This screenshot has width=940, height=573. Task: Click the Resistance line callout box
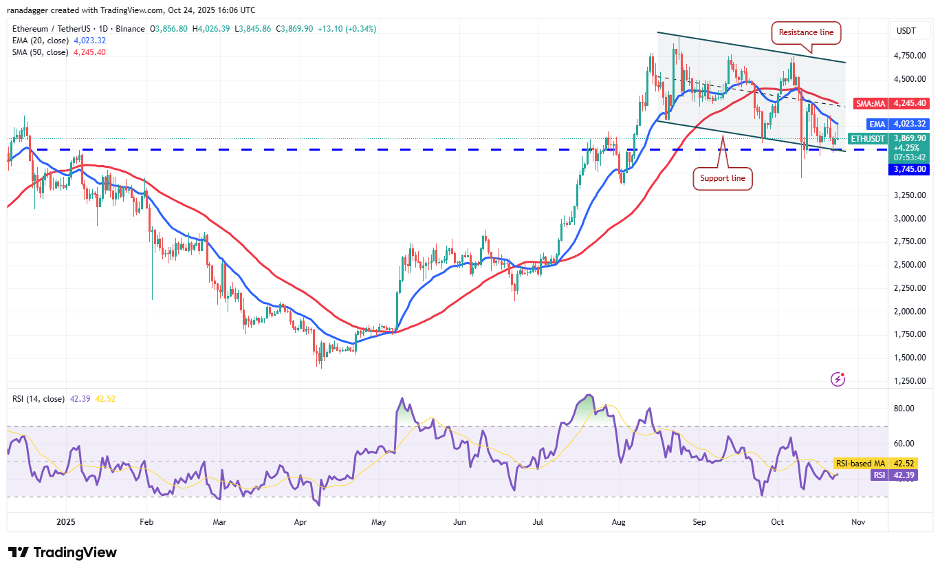click(806, 32)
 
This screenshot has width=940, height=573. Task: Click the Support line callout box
click(722, 178)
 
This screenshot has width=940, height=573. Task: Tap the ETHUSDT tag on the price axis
click(868, 138)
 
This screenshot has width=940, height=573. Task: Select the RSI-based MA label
click(860, 464)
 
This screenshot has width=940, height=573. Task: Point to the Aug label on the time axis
click(620, 522)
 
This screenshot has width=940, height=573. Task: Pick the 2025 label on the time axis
click(67, 522)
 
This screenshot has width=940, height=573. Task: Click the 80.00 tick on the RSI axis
click(904, 408)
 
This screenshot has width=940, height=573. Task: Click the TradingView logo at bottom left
click(63, 552)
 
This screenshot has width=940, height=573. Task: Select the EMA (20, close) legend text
click(40, 41)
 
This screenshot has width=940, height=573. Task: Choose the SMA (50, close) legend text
click(40, 52)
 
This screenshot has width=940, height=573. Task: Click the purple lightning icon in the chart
click(838, 379)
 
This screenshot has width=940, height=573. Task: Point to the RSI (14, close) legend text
click(39, 399)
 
